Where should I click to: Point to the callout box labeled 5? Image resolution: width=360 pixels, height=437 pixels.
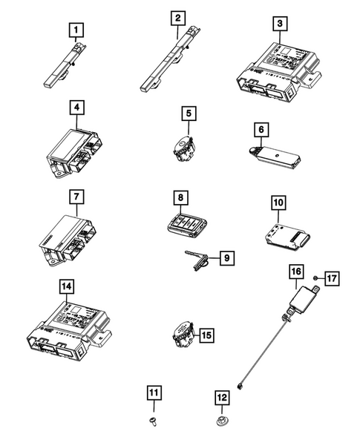pos(190,114)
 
